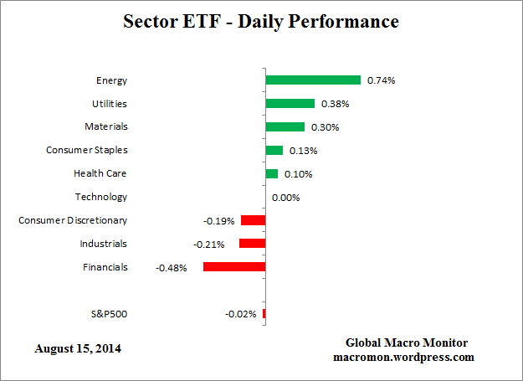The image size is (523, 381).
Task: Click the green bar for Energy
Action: point(313,80)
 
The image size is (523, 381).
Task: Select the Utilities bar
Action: point(290,104)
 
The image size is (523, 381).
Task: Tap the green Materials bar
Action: point(285,127)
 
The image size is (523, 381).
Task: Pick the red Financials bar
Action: point(234,267)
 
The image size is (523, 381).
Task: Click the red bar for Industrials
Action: point(252,244)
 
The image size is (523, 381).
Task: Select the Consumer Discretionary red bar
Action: point(253,220)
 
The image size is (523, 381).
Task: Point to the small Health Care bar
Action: point(271,174)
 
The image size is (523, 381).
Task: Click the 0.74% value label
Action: point(382,80)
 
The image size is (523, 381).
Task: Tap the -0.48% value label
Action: point(171,268)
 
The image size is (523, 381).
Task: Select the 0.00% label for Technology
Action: point(285,198)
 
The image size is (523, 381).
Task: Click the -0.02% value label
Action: point(240,314)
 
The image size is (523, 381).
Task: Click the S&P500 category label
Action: point(109,314)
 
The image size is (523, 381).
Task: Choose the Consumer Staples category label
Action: point(86,150)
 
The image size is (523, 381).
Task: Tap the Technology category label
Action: point(100,197)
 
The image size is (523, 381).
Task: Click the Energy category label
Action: point(111,80)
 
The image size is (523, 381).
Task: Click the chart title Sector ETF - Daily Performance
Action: point(261,21)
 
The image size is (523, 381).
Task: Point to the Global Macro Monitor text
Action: point(407,343)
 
